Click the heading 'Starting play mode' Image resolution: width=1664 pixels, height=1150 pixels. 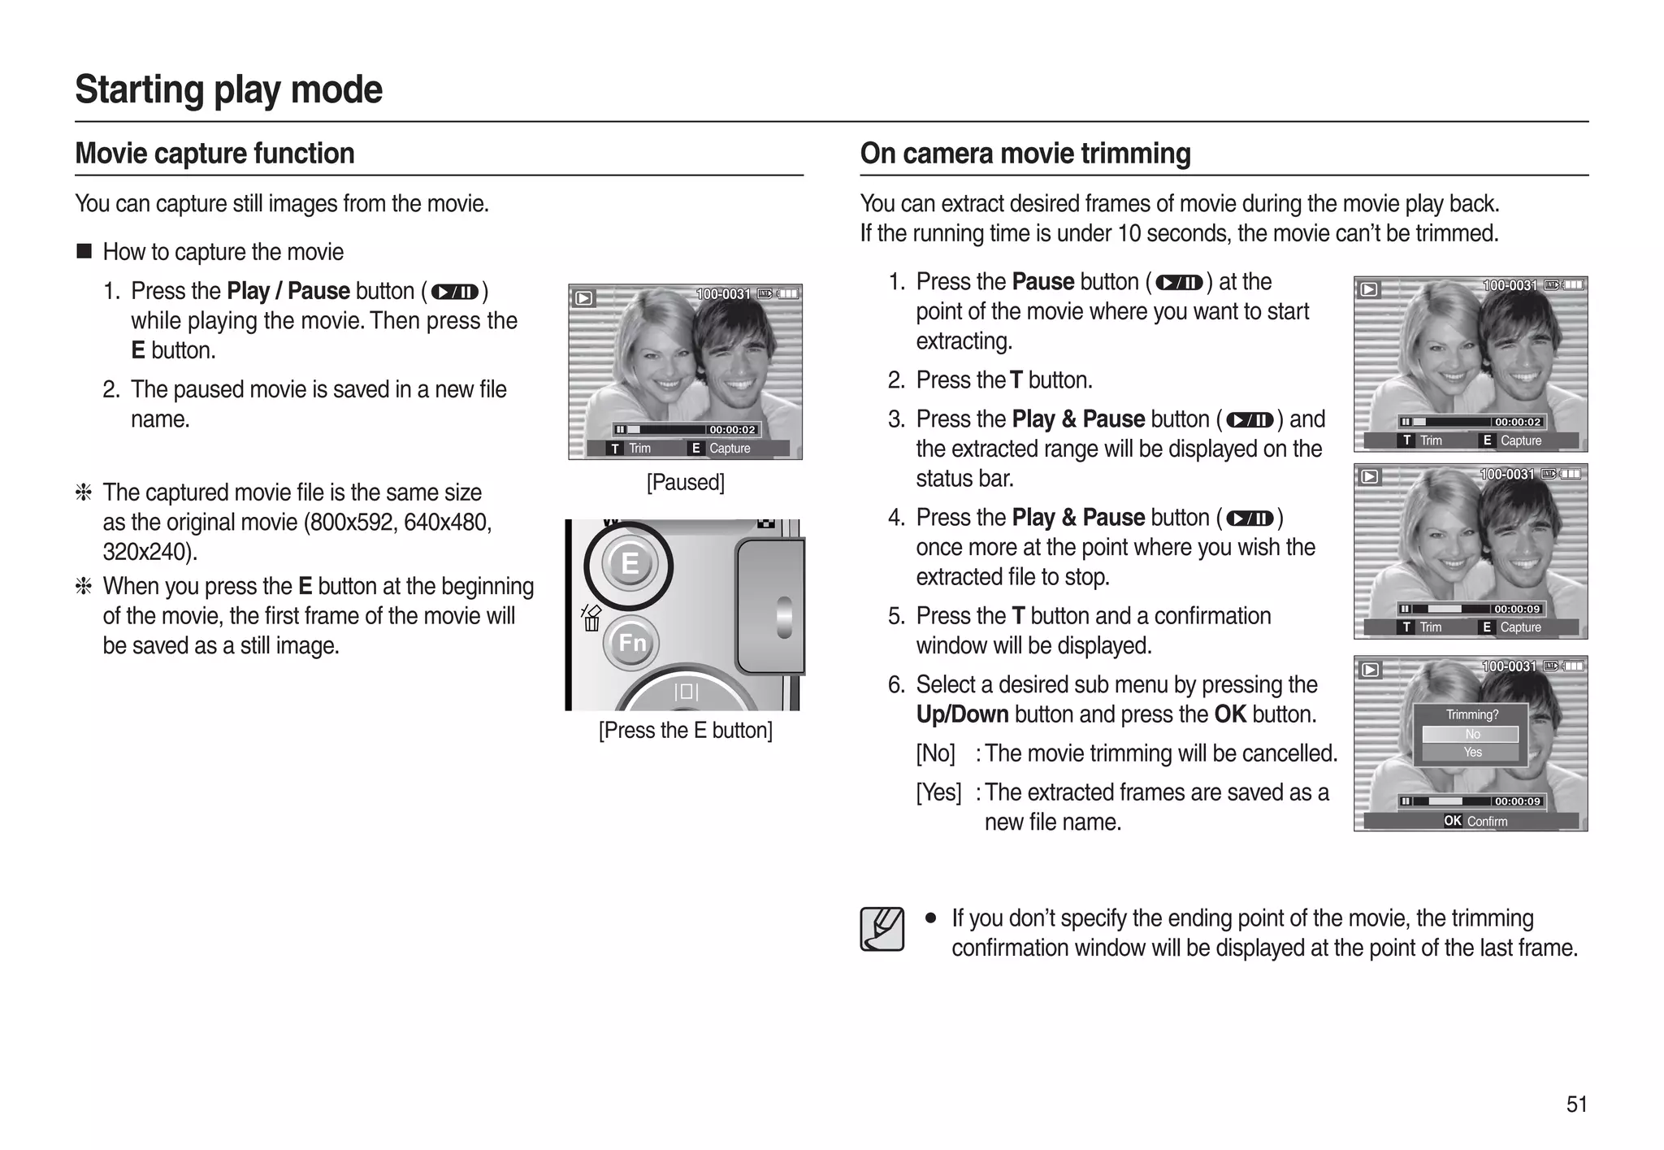click(228, 89)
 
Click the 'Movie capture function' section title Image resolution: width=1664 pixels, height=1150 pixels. click(214, 154)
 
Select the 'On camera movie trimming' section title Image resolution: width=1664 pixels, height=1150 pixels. click(1025, 154)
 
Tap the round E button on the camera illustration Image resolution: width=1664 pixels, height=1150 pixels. click(629, 563)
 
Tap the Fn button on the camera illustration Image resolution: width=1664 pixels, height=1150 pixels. click(631, 643)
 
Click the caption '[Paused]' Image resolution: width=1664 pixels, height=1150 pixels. click(685, 483)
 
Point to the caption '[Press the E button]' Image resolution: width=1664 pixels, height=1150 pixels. click(685, 731)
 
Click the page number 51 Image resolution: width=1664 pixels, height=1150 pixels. click(1576, 1104)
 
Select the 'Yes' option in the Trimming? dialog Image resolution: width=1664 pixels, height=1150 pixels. click(1471, 753)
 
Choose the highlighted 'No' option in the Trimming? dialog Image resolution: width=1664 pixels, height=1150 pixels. click(1471, 735)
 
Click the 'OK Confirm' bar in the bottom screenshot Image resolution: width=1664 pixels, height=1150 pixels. click(1474, 822)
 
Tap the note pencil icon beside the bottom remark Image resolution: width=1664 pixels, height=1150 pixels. click(882, 929)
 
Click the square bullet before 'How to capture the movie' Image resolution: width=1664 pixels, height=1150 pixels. click(84, 251)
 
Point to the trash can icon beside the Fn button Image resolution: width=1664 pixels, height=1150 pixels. click(591, 623)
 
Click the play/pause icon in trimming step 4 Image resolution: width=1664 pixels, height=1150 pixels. click(1249, 519)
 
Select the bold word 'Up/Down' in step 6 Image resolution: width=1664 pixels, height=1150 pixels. click(962, 714)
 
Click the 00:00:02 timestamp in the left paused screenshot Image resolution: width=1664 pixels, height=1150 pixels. click(731, 430)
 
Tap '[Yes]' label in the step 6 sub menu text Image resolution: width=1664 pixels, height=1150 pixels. click(938, 792)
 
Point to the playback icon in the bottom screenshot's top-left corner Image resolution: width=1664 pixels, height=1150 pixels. click(1370, 670)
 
